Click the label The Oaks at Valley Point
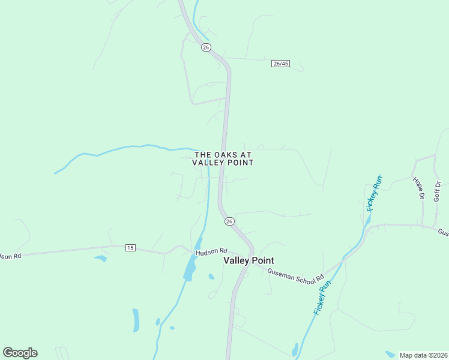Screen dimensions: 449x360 pos(223,158)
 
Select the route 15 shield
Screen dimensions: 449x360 pos(130,247)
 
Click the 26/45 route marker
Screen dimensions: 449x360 pos(280,64)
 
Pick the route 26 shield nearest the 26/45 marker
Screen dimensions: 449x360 pos(206,47)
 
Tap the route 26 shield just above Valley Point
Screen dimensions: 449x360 pos(229,221)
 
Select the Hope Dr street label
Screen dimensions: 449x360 pos(418,188)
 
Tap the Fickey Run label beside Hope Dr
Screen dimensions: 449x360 pos(373,193)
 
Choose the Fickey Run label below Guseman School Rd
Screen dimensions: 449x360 pos(322,298)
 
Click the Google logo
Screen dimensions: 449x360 pos(20,353)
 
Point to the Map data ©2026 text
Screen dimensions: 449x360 pos(423,355)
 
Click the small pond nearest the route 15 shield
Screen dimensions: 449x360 pos(100,259)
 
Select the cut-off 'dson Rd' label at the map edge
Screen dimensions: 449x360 pos(10,256)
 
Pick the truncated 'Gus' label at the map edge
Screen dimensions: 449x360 pos(443,232)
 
